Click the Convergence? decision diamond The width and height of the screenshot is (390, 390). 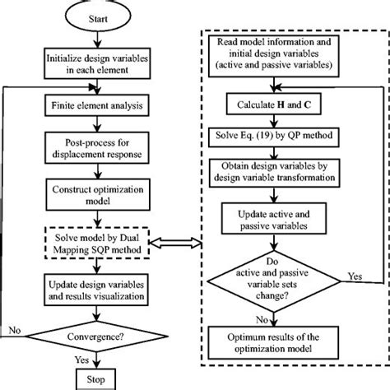tap(97, 336)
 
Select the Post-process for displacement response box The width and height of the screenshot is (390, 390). tap(97, 151)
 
